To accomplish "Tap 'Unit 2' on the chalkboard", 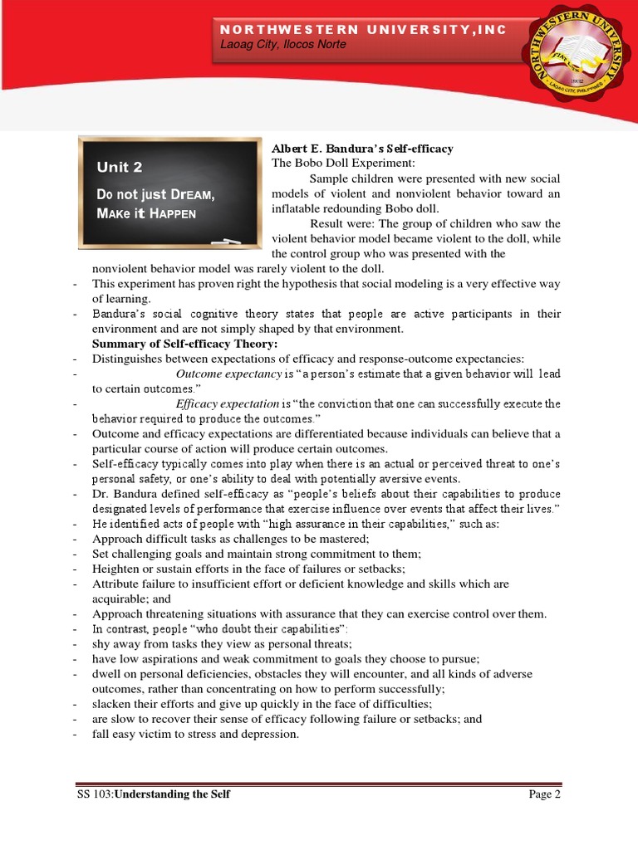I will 120,167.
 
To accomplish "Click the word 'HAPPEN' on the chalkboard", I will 172,212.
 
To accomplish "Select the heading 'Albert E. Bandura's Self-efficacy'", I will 362,149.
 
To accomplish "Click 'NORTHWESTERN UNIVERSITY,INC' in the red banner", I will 363,29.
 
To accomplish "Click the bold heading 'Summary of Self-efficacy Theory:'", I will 184,344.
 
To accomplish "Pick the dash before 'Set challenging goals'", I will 76,554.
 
